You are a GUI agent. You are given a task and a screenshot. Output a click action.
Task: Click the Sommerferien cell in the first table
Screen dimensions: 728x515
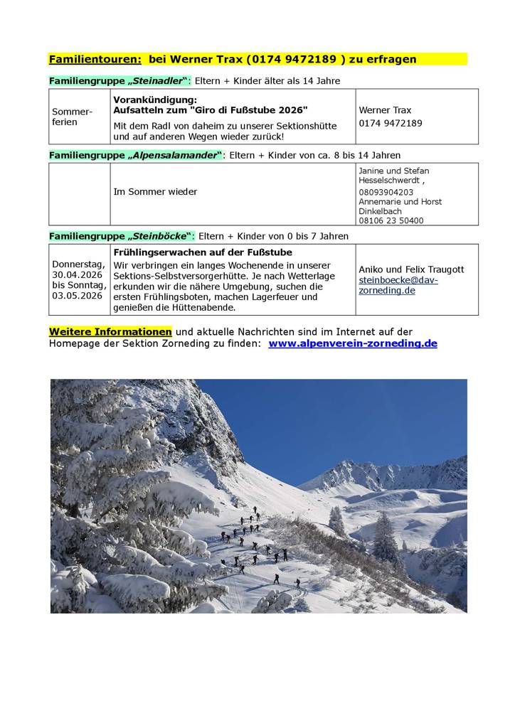[72, 117]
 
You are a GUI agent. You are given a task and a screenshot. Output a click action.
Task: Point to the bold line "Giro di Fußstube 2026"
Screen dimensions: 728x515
[211, 110]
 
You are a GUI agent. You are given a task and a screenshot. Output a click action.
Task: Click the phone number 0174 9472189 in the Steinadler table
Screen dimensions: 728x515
[390, 123]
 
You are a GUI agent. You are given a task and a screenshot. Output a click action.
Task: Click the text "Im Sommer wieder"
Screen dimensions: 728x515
[155, 191]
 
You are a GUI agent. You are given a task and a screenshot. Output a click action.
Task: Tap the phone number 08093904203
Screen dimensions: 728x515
[386, 192]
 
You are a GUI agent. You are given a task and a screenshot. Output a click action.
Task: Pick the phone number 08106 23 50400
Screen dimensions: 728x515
[391, 220]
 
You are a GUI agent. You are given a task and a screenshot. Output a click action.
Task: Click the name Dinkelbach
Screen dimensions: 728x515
[380, 211]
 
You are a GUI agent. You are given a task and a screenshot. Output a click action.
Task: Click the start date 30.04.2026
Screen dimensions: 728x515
[76, 274]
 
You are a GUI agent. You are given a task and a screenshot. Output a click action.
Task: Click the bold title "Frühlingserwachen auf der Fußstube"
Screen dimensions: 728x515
[203, 252]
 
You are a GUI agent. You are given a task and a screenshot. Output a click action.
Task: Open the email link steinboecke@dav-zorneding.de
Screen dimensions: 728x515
[398, 285]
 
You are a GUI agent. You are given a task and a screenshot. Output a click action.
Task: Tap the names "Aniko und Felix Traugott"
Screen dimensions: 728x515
[411, 269]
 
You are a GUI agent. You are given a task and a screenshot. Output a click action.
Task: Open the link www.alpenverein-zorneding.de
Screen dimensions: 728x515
[353, 343]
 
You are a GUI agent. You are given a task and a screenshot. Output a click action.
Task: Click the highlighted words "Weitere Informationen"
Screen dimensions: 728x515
[110, 332]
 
